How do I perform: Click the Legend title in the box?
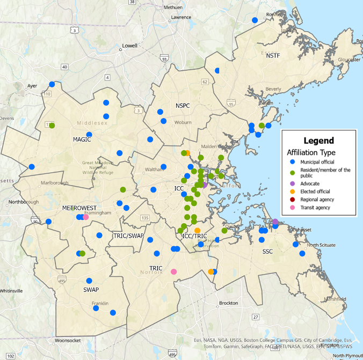tap(318, 141)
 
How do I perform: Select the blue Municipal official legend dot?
tap(292, 161)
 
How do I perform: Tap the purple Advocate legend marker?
tap(292, 183)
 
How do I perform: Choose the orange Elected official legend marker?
tap(292, 192)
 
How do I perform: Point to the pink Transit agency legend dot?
tap(292, 208)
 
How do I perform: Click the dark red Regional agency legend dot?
tap(292, 200)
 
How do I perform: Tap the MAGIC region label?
tap(82, 139)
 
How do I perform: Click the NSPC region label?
tap(183, 105)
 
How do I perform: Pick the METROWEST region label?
tap(79, 208)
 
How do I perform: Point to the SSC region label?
tap(268, 252)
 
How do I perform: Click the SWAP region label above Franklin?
tap(91, 290)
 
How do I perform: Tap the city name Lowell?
tap(129, 46)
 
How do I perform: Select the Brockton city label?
tap(228, 303)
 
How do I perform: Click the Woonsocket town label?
tap(68, 340)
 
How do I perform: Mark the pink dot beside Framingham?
tap(85, 217)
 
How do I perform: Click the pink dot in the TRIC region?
tap(173, 271)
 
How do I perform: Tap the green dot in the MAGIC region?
tap(52, 126)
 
